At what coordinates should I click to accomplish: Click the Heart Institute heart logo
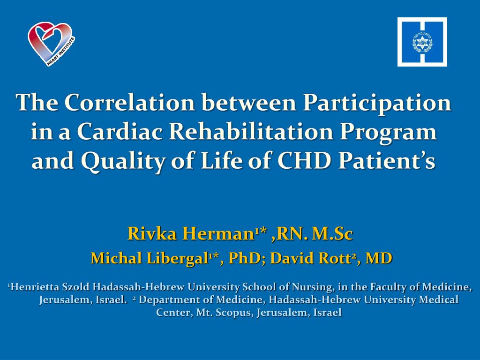coord(51,44)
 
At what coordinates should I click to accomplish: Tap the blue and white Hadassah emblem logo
coord(422,42)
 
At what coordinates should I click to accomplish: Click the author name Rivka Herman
coord(190,233)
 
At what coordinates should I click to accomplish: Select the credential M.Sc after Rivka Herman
coord(332,233)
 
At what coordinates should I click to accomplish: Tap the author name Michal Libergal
coord(149,258)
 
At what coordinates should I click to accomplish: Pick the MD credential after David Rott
coord(379,258)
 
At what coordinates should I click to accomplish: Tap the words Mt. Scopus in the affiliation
coord(223,313)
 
